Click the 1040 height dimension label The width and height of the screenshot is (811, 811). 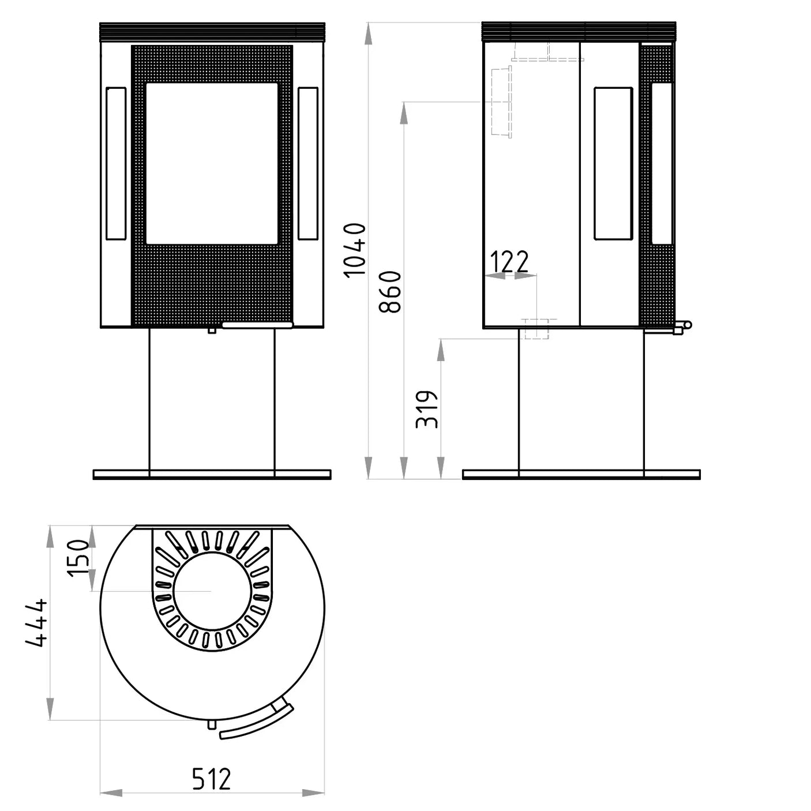pyautogui.click(x=355, y=250)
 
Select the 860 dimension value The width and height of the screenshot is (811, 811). pyautogui.click(x=391, y=292)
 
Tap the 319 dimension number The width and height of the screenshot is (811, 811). pyautogui.click(x=427, y=409)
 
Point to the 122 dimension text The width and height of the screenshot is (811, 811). pyautogui.click(x=509, y=262)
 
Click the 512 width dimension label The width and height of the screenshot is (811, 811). pyautogui.click(x=211, y=779)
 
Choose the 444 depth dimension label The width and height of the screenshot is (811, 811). pyautogui.click(x=37, y=622)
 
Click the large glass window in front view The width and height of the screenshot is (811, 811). pyautogui.click(x=212, y=163)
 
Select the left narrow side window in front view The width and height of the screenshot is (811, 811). pyautogui.click(x=116, y=163)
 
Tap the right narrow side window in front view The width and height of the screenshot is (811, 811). pyautogui.click(x=308, y=163)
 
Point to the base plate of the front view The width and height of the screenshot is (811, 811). pyautogui.click(x=212, y=475)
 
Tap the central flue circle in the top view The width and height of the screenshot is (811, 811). pyautogui.click(x=212, y=591)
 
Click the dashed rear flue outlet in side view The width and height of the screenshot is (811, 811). pyautogui.click(x=501, y=101)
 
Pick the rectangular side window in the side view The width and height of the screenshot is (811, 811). pyautogui.click(x=613, y=163)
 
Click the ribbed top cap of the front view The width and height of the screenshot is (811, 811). pyautogui.click(x=212, y=32)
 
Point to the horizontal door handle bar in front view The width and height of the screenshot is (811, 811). pyautogui.click(x=257, y=325)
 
